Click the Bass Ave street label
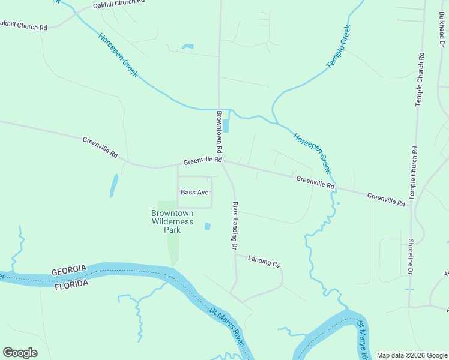pyautogui.click(x=194, y=193)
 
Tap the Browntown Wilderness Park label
pyautogui.click(x=172, y=221)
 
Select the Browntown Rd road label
pyautogui.click(x=219, y=131)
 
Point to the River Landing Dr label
pyautogui.click(x=235, y=226)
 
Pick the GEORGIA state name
pyautogui.click(x=70, y=271)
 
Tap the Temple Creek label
pyautogui.click(x=337, y=47)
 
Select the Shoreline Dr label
pyautogui.click(x=411, y=257)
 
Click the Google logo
pyautogui.click(x=20, y=353)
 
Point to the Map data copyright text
pyautogui.click(x=411, y=355)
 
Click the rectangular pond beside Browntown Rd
pyautogui.click(x=226, y=126)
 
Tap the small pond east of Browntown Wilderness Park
pyautogui.click(x=208, y=227)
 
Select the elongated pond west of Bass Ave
pyautogui.click(x=113, y=186)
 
